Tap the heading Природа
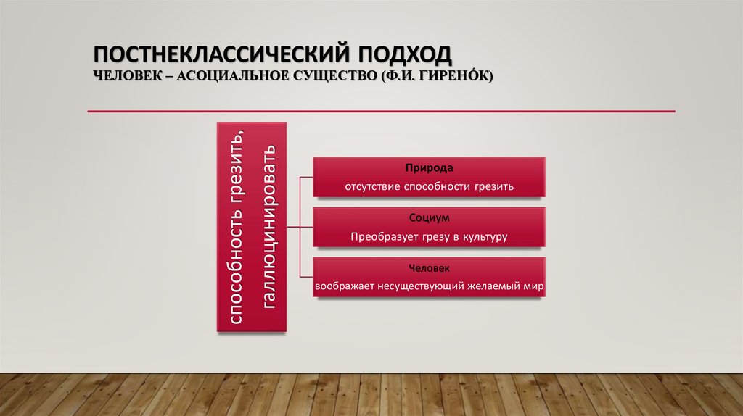[429, 167]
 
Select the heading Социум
[429, 217]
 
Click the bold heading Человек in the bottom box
[429, 267]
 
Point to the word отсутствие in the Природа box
[369, 187]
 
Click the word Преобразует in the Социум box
[382, 237]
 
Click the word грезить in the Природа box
[494, 187]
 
